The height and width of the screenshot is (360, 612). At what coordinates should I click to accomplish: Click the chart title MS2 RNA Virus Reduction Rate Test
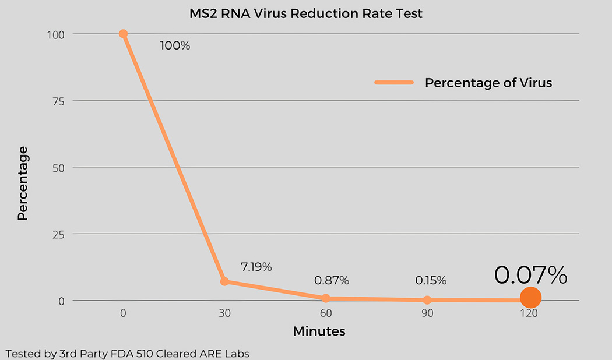click(305, 13)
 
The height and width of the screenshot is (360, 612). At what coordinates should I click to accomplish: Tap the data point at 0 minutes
click(123, 34)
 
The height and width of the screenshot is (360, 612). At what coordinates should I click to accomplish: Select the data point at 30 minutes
click(224, 281)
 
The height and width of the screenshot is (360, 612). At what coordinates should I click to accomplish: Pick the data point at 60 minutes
click(326, 298)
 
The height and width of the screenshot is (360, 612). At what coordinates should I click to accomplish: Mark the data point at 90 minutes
click(427, 300)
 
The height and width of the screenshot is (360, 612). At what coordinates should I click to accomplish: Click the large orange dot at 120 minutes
click(530, 298)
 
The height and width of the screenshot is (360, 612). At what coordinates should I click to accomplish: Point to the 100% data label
click(175, 45)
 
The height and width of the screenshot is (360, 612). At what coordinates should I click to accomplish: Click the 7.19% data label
click(256, 267)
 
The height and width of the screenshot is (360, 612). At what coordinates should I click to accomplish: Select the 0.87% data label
click(331, 280)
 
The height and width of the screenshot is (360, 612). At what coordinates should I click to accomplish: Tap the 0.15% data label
click(431, 280)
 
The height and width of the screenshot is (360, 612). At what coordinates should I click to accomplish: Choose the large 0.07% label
click(530, 275)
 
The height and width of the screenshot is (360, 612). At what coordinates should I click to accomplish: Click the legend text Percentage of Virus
click(488, 83)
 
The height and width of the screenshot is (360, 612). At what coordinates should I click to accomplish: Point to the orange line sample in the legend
click(393, 83)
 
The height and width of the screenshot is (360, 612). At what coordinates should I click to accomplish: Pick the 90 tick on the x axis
click(427, 313)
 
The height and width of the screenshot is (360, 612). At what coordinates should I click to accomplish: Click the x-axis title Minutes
click(319, 331)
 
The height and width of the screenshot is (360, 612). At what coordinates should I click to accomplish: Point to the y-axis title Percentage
click(23, 183)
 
